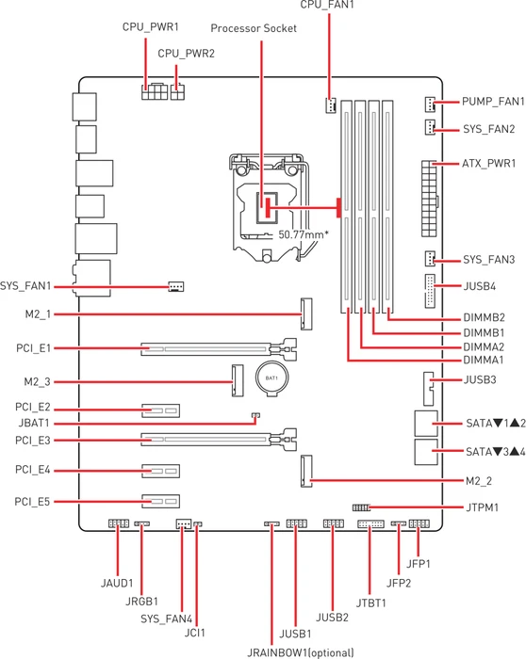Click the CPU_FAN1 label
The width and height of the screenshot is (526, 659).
pyautogui.click(x=327, y=5)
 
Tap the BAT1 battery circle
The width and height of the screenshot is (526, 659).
pyautogui.click(x=271, y=378)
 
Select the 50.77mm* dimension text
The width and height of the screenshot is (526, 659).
pyautogui.click(x=304, y=234)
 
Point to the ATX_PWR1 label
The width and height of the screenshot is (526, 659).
pyautogui.click(x=488, y=163)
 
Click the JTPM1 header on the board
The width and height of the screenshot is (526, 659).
pyautogui.click(x=361, y=507)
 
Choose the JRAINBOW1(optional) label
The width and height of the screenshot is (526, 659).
pyautogui.click(x=300, y=652)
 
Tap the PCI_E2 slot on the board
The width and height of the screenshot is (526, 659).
pyautogui.click(x=160, y=410)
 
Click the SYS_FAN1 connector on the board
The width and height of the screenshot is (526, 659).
pyautogui.click(x=176, y=286)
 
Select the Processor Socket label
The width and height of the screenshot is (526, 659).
pyautogui.click(x=254, y=28)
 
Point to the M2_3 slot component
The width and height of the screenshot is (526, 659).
pyautogui.click(x=238, y=380)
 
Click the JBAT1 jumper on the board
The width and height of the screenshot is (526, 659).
pyautogui.click(x=255, y=416)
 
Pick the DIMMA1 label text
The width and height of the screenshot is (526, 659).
pyautogui.click(x=483, y=361)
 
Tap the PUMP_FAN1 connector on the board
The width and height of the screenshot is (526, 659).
pyautogui.click(x=430, y=104)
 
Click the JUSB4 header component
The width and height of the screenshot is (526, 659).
pyautogui.click(x=430, y=291)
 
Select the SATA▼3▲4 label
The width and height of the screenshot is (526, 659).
pyautogui.click(x=496, y=452)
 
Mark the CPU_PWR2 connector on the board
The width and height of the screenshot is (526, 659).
pyautogui.click(x=177, y=92)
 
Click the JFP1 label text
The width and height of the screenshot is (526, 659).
pyautogui.click(x=419, y=564)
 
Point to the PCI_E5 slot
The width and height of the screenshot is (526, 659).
pyautogui.click(x=160, y=502)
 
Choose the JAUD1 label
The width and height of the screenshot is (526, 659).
pyautogui.click(x=117, y=584)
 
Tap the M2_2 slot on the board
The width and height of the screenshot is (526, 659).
pyautogui.click(x=306, y=471)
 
